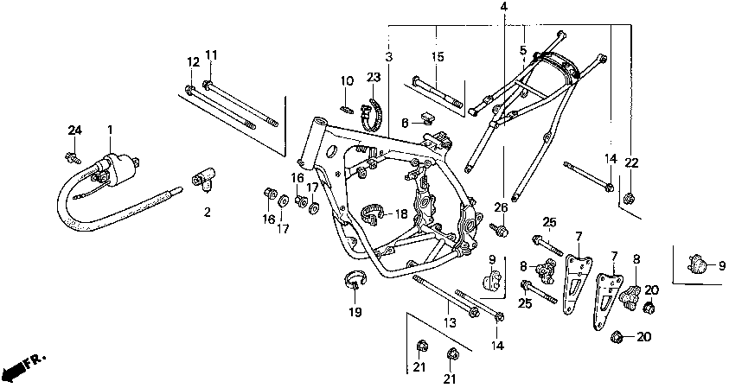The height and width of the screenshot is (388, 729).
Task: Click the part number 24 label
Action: [x=74, y=130]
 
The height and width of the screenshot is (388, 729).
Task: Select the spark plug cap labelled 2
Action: [x=203, y=180]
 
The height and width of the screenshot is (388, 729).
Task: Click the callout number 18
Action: [x=400, y=213]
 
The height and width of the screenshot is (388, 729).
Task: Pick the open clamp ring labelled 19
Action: [x=355, y=279]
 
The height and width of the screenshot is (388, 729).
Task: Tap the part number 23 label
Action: [x=374, y=77]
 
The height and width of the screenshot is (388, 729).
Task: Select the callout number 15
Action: [x=438, y=57]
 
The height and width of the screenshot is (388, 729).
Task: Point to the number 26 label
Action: [x=501, y=207]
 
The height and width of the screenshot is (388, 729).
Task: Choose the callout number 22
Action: [x=631, y=162]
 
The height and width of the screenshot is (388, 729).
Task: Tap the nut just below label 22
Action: [x=629, y=198]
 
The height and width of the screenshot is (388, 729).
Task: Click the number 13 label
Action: [x=450, y=322]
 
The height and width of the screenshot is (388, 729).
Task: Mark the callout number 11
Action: [x=211, y=55]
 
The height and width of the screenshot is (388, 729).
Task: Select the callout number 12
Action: [x=194, y=62]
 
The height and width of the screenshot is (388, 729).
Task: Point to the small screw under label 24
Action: [x=73, y=157]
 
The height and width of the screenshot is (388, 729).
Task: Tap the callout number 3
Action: [x=388, y=57]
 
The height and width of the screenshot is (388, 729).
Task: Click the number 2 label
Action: [x=207, y=213]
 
